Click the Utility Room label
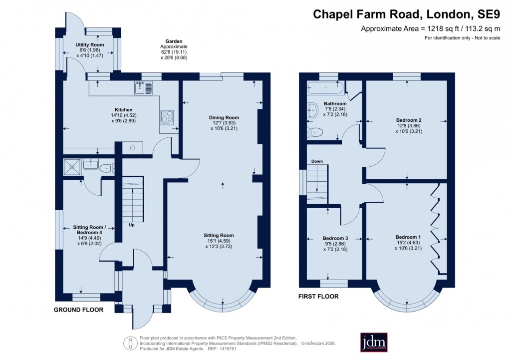pyautogui.click(x=90, y=45)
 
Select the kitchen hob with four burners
pyautogui.click(x=166, y=116)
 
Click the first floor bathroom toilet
pyautogui.click(x=315, y=132)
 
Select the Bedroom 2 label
pyautogui.click(x=409, y=120)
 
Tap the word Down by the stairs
pyautogui.click(x=317, y=161)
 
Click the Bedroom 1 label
pyautogui.click(x=408, y=237)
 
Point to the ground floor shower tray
pyautogui.click(x=72, y=166)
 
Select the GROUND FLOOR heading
pyautogui.click(x=78, y=310)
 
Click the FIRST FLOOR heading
pyautogui.click(x=318, y=297)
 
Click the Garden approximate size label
pyautogui.click(x=174, y=49)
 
